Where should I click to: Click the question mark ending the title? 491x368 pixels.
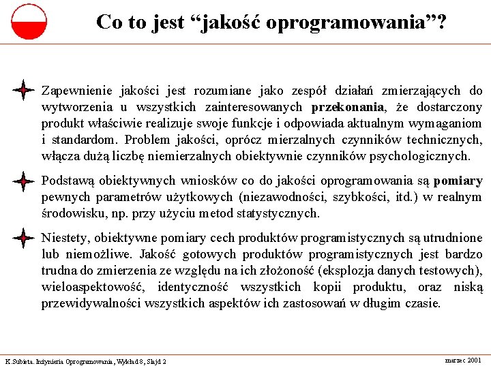[x=443, y=22]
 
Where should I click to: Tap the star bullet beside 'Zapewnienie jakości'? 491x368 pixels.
[x=24, y=90]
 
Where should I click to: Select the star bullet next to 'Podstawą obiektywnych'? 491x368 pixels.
[x=24, y=181]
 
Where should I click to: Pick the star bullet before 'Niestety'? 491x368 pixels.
[x=24, y=238]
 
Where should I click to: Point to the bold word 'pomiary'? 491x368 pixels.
[x=458, y=181]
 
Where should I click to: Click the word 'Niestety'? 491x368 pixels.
[x=63, y=238]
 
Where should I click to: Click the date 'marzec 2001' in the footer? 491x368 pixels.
[x=462, y=359]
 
